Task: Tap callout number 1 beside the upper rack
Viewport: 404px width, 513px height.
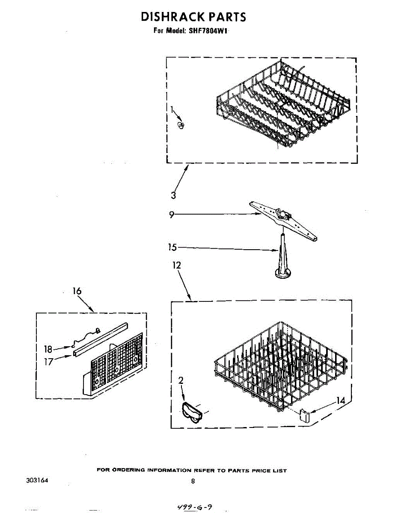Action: click(172, 110)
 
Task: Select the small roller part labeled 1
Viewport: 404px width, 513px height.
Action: click(181, 125)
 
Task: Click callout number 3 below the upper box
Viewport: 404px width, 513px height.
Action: click(173, 196)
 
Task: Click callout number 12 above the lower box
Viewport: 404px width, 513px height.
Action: click(176, 265)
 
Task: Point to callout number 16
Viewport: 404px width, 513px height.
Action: click(77, 291)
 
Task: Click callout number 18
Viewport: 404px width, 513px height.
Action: click(48, 349)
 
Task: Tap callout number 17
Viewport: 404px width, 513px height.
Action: click(48, 362)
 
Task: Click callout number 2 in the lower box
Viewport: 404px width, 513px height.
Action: click(181, 380)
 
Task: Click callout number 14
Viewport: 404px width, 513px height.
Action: click(341, 401)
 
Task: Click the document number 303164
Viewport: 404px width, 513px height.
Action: click(37, 480)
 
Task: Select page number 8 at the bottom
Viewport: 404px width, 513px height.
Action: click(193, 481)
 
